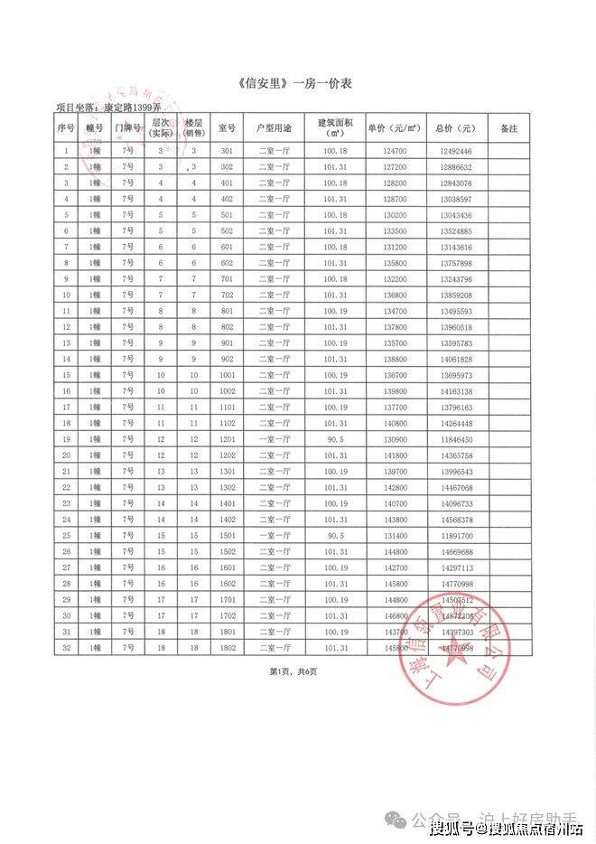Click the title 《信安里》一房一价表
[x=297, y=84]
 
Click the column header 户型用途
[x=274, y=128]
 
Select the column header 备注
[x=508, y=128]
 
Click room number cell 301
[x=226, y=151]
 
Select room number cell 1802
[x=226, y=648]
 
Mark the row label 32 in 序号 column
[x=66, y=648]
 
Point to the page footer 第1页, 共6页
[x=293, y=671]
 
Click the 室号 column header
[x=226, y=128]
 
